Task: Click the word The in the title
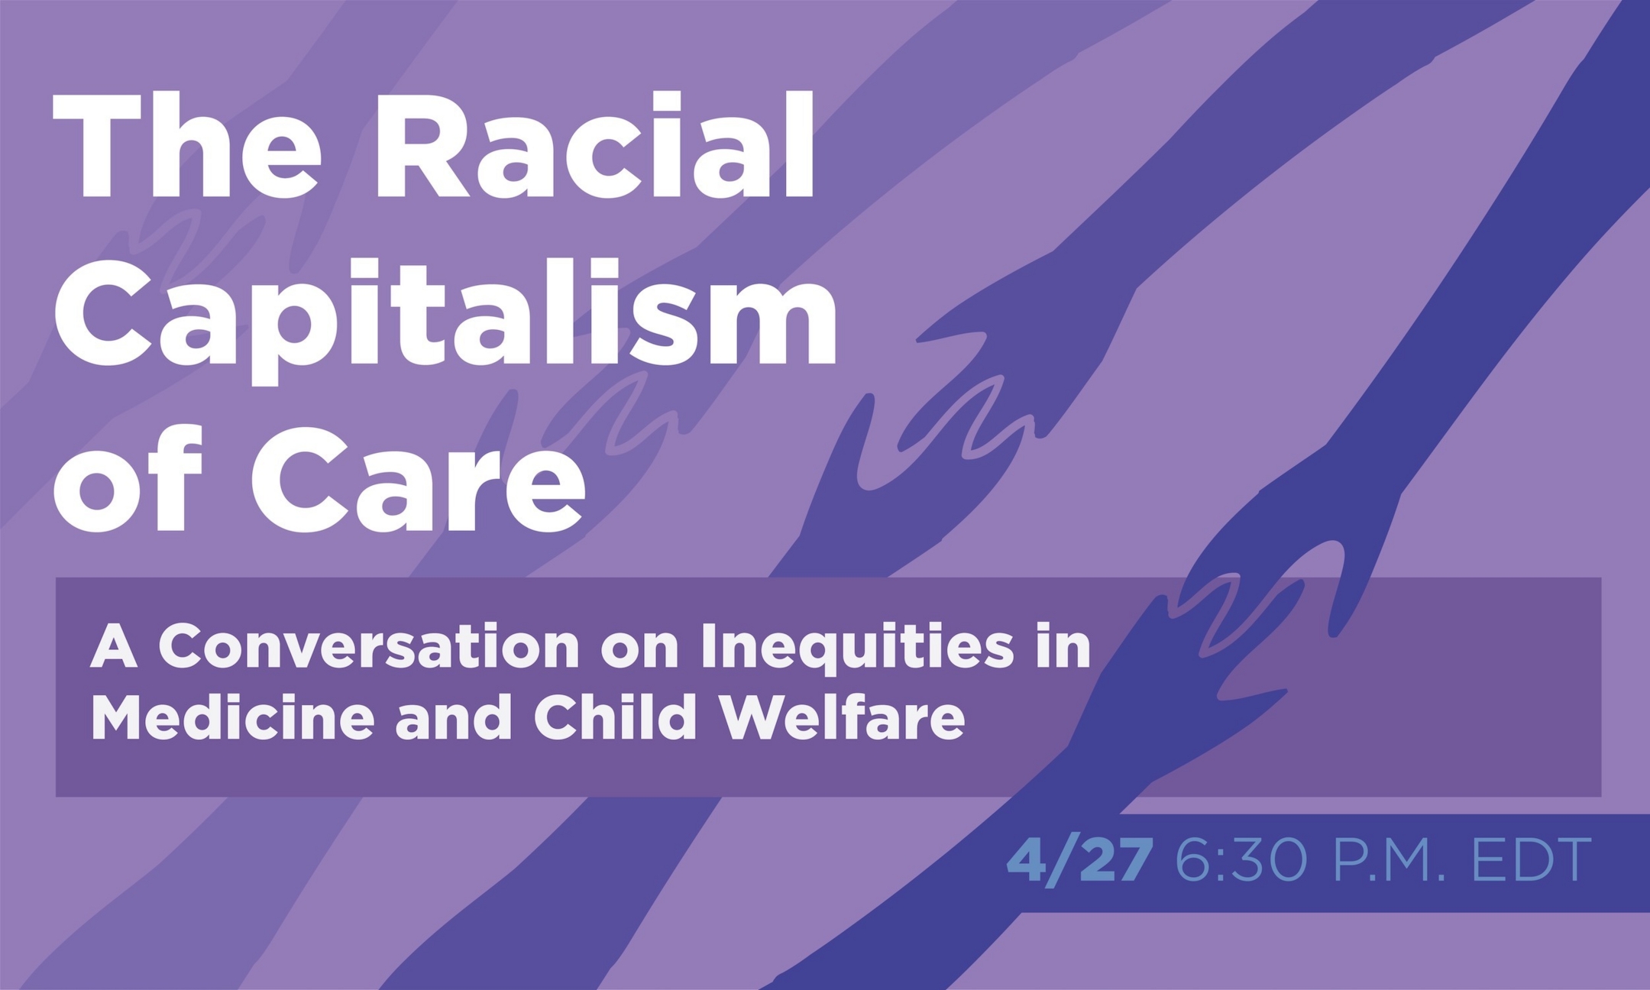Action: click(x=186, y=144)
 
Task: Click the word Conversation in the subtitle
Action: click(x=369, y=647)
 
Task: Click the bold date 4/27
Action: click(x=1079, y=860)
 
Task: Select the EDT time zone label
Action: click(x=1532, y=861)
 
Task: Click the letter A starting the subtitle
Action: click(x=114, y=647)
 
